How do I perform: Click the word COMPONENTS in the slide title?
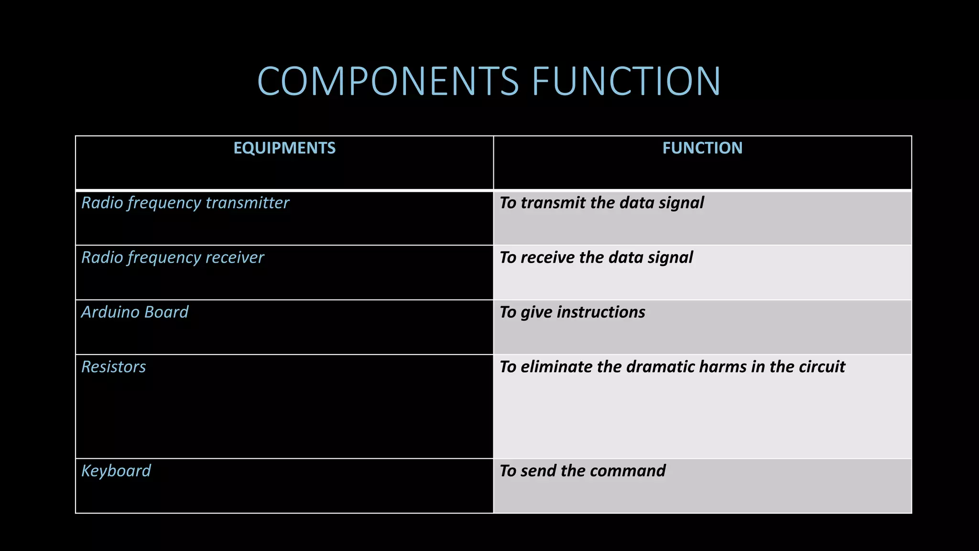388,81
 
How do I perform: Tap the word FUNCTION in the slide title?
626,81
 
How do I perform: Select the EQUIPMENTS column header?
284,148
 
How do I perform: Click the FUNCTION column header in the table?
702,148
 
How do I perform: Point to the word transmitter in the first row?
247,203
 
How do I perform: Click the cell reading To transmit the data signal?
601,203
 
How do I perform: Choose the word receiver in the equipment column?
234,257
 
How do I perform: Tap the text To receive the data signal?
596,257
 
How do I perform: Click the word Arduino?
110,312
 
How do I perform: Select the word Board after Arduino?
166,312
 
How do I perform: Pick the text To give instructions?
572,312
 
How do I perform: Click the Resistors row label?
114,367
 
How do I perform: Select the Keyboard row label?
116,471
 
